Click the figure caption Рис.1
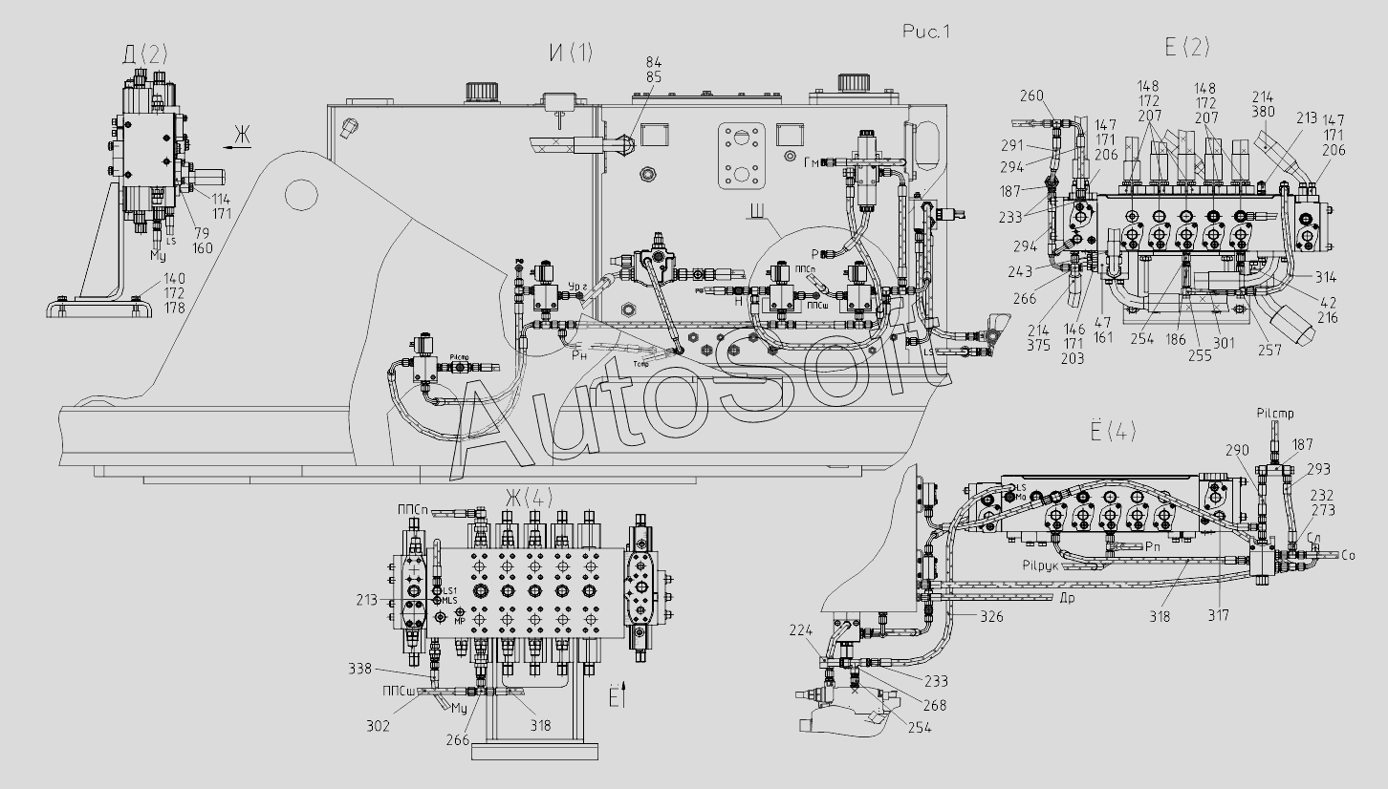[x=925, y=32]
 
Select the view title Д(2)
[x=144, y=54]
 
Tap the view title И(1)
[x=570, y=54]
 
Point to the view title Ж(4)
[x=529, y=498]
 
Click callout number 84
[x=654, y=63]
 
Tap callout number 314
[x=1324, y=278]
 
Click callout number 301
[x=1224, y=343]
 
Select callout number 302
[x=378, y=727]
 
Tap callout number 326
[x=992, y=618]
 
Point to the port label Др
[x=1071, y=598]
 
